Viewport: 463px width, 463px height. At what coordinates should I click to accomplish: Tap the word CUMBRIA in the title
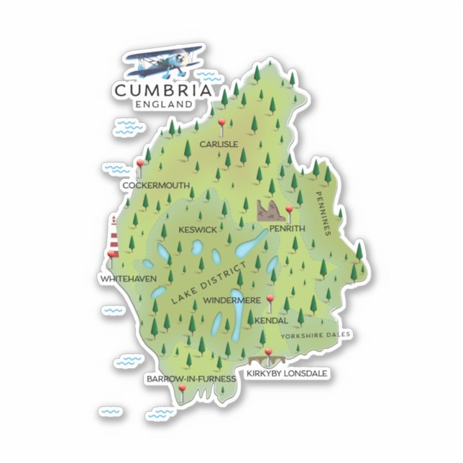click(163, 91)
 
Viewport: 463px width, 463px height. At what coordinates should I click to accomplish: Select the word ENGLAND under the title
click(163, 104)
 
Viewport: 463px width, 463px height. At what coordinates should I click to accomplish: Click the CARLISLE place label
click(219, 144)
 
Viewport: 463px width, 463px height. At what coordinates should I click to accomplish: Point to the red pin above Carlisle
click(223, 124)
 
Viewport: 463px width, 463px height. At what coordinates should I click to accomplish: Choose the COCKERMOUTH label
click(156, 185)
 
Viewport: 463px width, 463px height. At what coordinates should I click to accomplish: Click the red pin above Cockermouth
click(139, 165)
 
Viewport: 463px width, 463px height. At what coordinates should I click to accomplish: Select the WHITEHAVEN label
click(129, 278)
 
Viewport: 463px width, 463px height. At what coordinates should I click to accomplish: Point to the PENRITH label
click(287, 229)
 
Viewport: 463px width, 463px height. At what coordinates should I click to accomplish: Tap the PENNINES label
click(321, 213)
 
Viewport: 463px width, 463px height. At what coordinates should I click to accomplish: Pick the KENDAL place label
click(271, 321)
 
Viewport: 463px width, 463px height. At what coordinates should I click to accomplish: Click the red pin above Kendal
click(270, 300)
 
